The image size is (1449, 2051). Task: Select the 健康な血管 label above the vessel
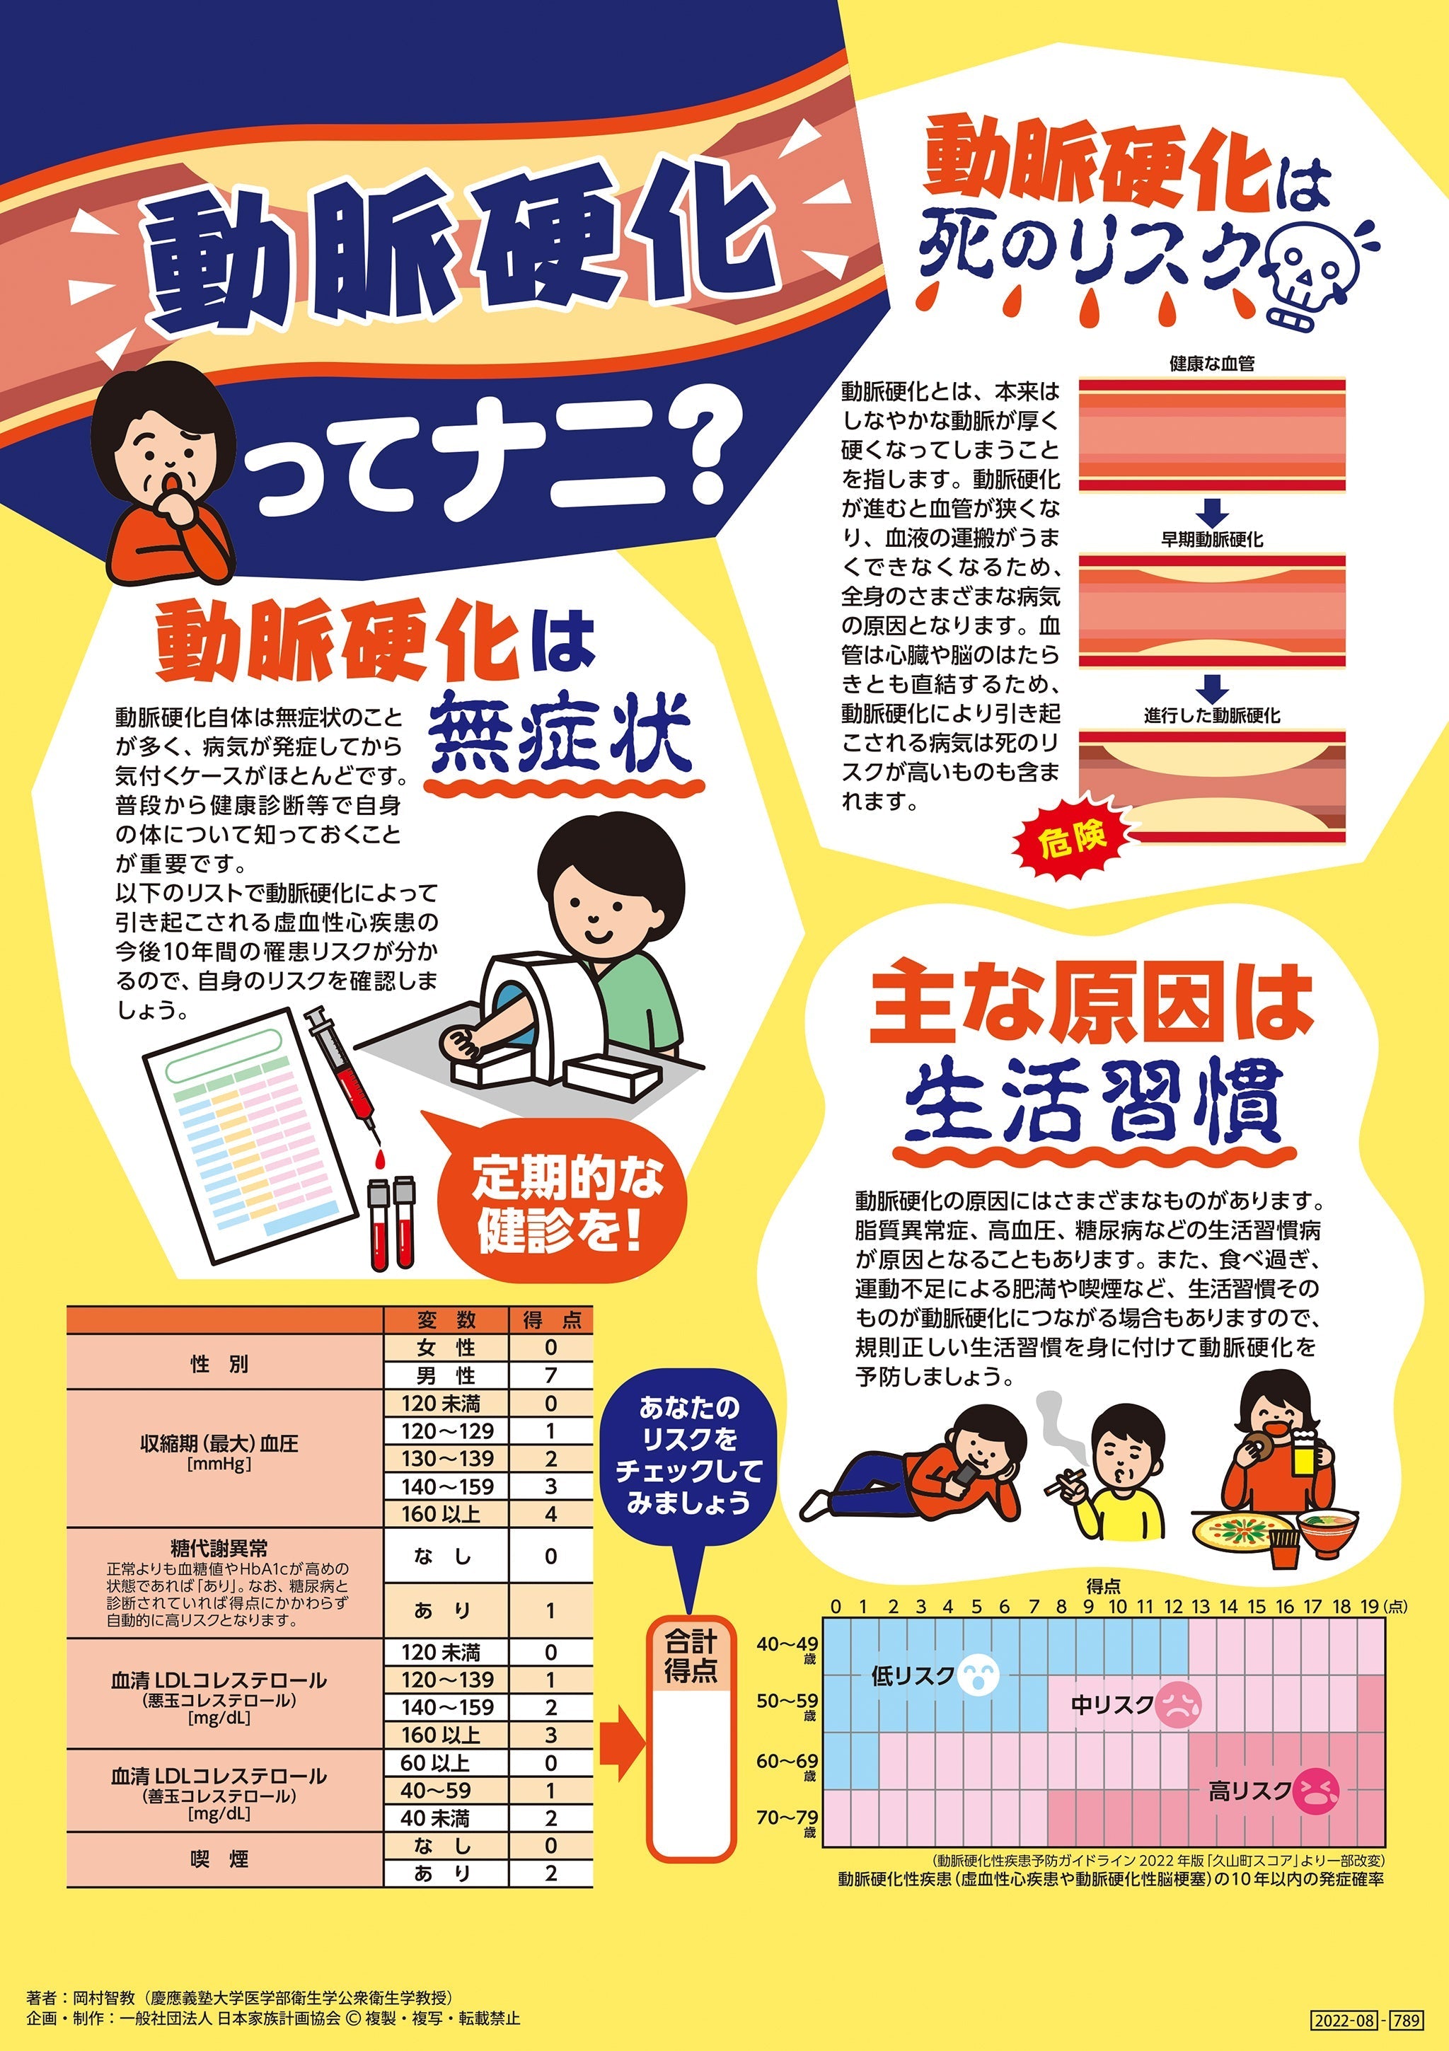[x=1211, y=364]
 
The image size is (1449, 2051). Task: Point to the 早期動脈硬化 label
[x=1211, y=540]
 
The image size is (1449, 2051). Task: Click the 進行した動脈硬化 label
[x=1211, y=715]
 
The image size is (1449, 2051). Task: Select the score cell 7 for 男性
[x=550, y=1375]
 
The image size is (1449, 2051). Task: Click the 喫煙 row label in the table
[x=220, y=1860]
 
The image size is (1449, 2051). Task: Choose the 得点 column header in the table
[x=550, y=1320]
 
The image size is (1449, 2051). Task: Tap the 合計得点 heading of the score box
[x=691, y=1656]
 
